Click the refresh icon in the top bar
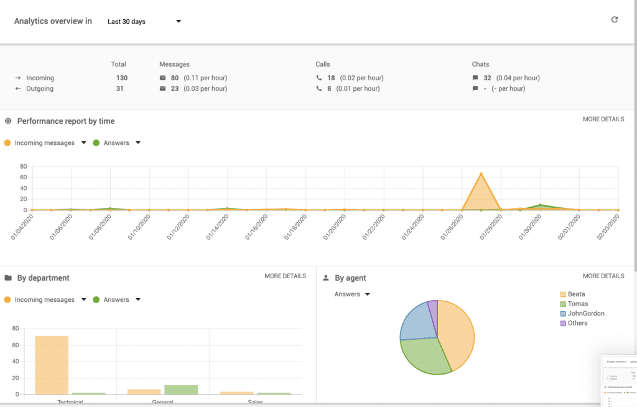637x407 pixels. pos(615,20)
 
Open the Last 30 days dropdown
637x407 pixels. pos(144,22)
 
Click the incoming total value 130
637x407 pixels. pos(122,78)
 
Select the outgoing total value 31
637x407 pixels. pos(119,88)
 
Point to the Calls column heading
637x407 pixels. pos(323,64)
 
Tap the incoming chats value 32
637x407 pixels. pos(487,78)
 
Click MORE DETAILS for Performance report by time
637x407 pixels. pos(603,119)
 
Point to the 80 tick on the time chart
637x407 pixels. pos(23,167)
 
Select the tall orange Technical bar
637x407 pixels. pos(52,365)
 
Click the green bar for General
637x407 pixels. pos(181,390)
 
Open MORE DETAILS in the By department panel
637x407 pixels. pos(285,276)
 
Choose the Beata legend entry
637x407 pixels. pos(576,294)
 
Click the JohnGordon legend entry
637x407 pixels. pos(585,314)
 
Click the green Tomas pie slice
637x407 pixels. pos(425,355)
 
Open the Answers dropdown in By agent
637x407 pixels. pos(352,294)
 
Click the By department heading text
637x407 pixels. pos(43,278)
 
